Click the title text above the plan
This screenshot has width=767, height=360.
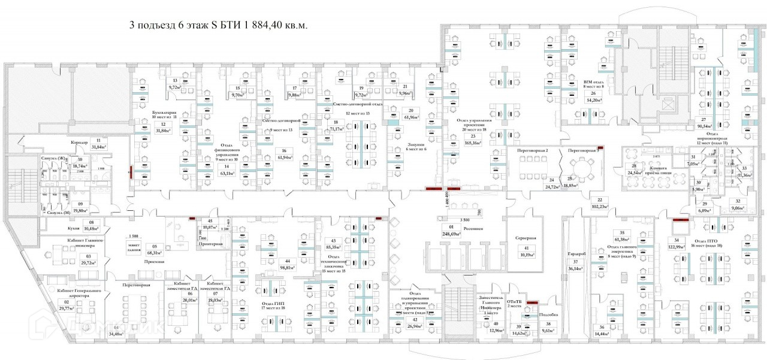pyautogui.click(x=219, y=26)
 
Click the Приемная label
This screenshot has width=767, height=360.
pyautogui.click(x=154, y=262)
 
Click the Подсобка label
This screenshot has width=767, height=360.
pyautogui.click(x=549, y=314)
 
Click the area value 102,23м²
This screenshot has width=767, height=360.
pyautogui.click(x=599, y=207)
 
